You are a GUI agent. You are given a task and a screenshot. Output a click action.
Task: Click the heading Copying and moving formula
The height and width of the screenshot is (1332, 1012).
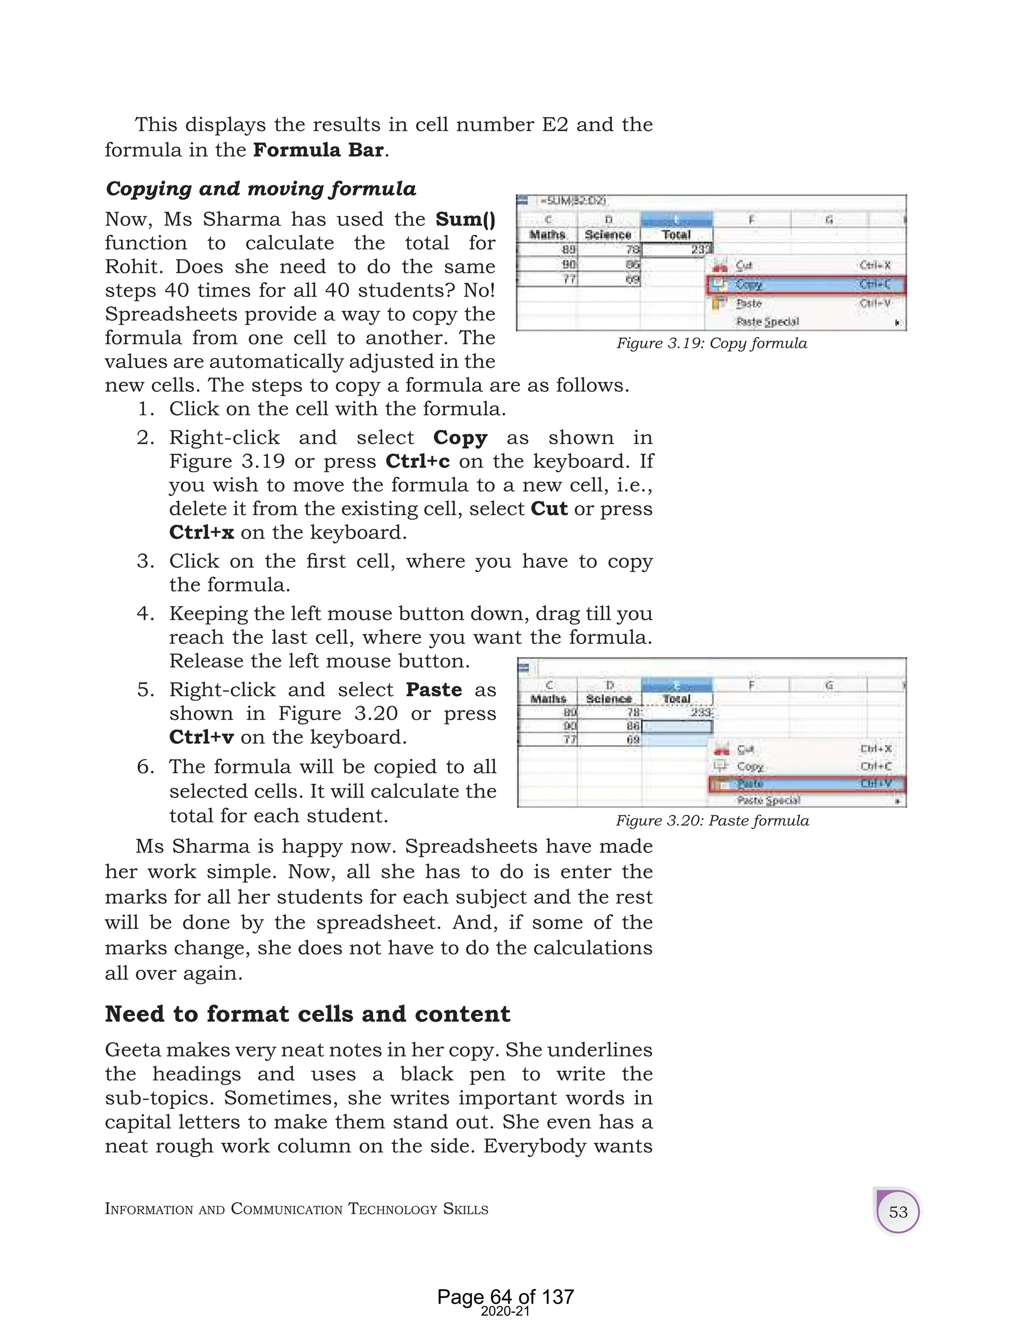click(x=260, y=189)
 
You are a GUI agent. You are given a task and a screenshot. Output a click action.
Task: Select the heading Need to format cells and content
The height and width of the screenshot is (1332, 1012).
click(x=307, y=1014)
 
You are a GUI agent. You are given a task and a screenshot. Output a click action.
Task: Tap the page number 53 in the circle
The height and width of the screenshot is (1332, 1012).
click(x=897, y=1212)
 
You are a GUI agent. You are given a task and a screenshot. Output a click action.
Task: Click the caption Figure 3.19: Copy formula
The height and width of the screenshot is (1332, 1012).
click(x=712, y=343)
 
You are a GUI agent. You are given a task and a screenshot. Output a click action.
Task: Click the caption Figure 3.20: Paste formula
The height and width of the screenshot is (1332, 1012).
click(x=712, y=821)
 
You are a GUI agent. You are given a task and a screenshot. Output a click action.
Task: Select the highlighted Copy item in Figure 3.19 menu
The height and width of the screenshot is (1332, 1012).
click(x=749, y=285)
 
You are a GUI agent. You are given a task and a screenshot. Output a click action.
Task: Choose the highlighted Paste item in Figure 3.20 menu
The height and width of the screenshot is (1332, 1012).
click(x=750, y=784)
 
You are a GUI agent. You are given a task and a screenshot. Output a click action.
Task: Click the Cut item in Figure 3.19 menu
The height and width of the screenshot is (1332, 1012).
click(x=744, y=265)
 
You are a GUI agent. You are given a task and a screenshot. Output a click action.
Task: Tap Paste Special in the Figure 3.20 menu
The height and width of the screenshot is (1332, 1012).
click(x=769, y=800)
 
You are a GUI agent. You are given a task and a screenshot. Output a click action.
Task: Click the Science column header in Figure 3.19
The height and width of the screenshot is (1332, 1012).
click(x=608, y=235)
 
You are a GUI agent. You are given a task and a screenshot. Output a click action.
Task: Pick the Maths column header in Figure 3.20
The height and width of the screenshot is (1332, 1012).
click(x=548, y=699)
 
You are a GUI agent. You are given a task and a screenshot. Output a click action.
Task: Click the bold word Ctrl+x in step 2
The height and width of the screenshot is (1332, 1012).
click(x=201, y=532)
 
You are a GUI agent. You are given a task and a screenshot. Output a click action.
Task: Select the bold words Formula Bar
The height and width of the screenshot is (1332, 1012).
click(x=318, y=150)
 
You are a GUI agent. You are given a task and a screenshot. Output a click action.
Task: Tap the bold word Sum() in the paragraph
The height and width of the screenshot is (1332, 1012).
click(x=465, y=219)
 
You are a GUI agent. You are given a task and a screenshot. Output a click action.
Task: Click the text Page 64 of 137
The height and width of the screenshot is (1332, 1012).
click(x=506, y=1296)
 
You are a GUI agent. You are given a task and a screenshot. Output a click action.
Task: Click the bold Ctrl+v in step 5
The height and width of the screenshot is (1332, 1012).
click(x=201, y=737)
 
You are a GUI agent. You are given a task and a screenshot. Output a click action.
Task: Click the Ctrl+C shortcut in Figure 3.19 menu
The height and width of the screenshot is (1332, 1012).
click(x=875, y=285)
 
